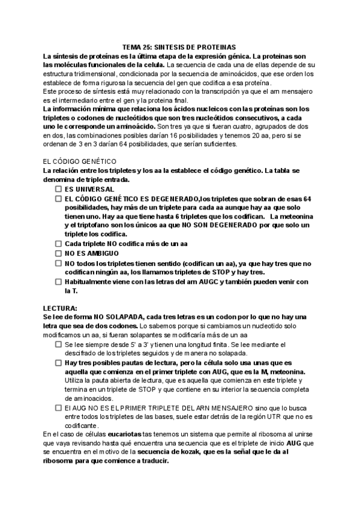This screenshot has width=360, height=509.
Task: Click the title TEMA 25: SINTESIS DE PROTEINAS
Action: [179, 46]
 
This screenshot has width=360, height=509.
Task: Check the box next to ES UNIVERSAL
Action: [58, 189]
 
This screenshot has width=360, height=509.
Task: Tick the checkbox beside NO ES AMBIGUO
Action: [58, 254]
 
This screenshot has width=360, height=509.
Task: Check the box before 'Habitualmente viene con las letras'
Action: [58, 282]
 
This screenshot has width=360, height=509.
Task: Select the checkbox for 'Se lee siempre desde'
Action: [58, 345]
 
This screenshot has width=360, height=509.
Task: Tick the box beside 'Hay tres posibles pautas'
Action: [58, 363]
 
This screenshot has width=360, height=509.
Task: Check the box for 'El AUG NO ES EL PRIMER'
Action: [58, 407]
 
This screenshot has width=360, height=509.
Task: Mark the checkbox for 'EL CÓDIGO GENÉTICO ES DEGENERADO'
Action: [58, 198]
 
